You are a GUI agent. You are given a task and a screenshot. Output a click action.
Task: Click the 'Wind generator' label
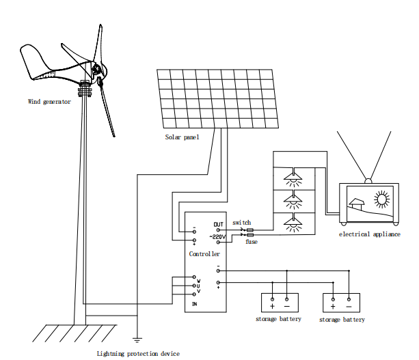pos(49,102)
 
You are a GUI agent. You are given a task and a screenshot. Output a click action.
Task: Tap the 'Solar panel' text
pos(182,137)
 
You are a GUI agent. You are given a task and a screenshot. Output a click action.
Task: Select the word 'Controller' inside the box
pos(204,253)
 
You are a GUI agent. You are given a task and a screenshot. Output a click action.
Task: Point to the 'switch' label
pos(241,223)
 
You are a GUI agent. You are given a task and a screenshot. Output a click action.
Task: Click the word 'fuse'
pos(251,242)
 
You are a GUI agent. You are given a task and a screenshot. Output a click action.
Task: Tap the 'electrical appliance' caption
pos(370,234)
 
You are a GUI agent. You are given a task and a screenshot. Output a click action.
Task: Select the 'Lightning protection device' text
pos(138,353)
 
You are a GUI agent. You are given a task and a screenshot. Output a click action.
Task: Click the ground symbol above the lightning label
pos(137,337)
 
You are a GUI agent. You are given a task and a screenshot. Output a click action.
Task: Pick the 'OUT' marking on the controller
pos(218,225)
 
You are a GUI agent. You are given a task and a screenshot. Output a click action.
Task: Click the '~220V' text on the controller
pos(217,236)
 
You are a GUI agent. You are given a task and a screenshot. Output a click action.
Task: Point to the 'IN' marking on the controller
pos(195,303)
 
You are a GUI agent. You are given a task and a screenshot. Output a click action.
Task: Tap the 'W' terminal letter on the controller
pos(198,280)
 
